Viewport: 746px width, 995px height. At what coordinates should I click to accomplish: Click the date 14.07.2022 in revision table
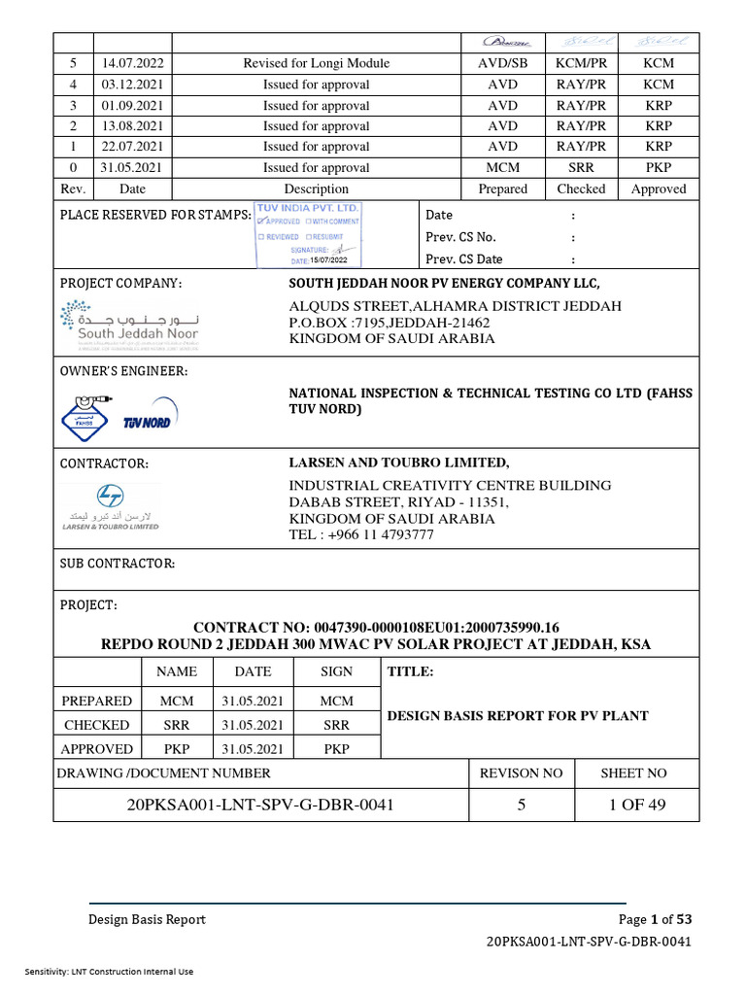pos(132,63)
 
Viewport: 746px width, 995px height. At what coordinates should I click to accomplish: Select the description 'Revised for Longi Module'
pos(317,63)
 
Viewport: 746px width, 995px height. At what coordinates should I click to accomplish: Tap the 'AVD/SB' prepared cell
pos(502,63)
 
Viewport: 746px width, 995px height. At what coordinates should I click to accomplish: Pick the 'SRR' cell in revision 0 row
pos(581,168)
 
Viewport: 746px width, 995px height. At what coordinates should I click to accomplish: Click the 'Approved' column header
pos(658,189)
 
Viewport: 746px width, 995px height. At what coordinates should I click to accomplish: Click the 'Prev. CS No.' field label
pos(460,237)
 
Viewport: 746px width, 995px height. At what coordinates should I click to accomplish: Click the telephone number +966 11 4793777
pos(361,535)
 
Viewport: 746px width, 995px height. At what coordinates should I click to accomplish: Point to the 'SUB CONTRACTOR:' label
pos(118,564)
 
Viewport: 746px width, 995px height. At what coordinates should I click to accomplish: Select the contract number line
pos(376,627)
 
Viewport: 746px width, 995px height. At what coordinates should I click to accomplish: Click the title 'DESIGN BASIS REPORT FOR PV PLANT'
pos(518,716)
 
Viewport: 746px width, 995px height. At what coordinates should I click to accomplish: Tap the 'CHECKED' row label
pos(96,725)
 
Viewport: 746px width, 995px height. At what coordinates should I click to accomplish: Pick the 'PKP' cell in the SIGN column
pos(336,749)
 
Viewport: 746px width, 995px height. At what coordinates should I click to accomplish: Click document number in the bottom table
pos(260,805)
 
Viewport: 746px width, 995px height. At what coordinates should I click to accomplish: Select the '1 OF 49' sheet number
pos(636,805)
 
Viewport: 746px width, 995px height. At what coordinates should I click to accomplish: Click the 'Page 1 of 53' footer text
pos(655,919)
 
